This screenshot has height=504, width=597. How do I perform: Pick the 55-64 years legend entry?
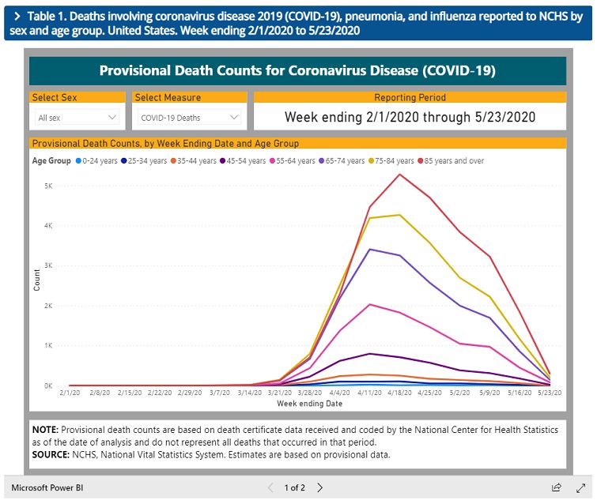(x=297, y=161)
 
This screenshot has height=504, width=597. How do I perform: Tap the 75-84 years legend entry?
(x=399, y=161)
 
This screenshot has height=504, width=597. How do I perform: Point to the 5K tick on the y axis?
(x=47, y=186)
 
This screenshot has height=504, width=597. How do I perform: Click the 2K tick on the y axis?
(x=47, y=306)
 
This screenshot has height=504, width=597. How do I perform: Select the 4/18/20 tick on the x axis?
(x=400, y=393)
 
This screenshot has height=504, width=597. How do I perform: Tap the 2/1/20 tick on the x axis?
(x=70, y=393)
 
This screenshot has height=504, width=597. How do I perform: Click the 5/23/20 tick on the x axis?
(x=550, y=393)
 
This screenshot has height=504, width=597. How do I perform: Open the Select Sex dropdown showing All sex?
(x=77, y=118)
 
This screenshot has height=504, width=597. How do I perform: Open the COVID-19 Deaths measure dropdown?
(x=188, y=118)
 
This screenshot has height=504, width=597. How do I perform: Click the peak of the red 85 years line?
(x=400, y=174)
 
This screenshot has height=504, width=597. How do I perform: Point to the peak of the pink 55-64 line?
(x=370, y=304)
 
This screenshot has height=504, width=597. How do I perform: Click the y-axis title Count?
(x=36, y=280)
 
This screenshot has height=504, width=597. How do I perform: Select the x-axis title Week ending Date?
(x=309, y=404)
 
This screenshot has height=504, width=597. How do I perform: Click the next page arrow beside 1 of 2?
(x=320, y=488)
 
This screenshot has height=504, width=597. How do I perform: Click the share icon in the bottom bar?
(x=557, y=488)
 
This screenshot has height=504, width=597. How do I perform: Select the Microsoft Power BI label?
(x=47, y=488)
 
